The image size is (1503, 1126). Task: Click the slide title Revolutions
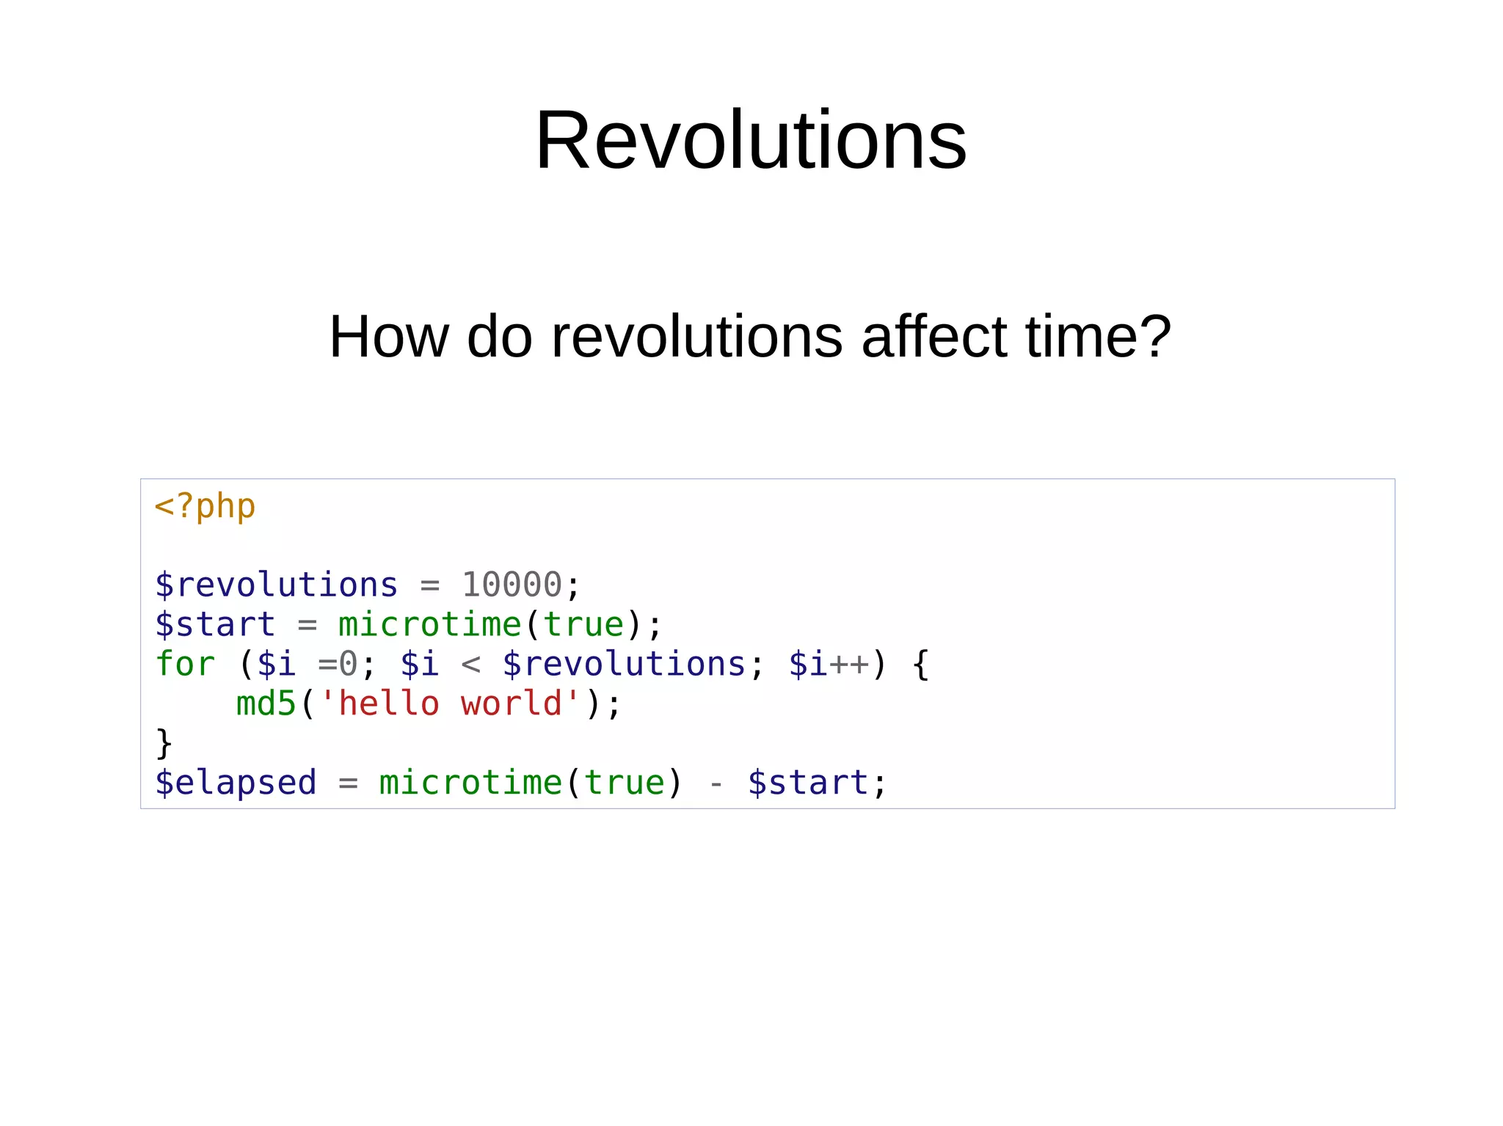[751, 140]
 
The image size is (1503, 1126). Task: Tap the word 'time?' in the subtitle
[1098, 337]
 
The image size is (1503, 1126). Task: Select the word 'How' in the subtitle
[388, 337]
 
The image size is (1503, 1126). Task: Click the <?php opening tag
[205, 507]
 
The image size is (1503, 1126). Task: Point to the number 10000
[512, 585]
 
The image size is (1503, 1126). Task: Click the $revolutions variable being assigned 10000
[276, 585]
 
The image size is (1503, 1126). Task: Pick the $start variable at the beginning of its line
[215, 625]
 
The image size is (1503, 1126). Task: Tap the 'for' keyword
[185, 665]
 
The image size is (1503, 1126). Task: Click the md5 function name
[266, 704]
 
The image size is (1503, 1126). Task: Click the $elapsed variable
[236, 783]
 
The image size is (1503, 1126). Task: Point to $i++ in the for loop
[829, 665]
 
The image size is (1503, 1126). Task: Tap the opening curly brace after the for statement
[920, 665]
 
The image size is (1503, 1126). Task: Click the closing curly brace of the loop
[164, 744]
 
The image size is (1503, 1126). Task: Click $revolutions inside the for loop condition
[624, 665]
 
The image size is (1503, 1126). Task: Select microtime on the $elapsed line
[470, 783]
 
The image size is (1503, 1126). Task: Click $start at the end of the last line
[808, 783]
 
